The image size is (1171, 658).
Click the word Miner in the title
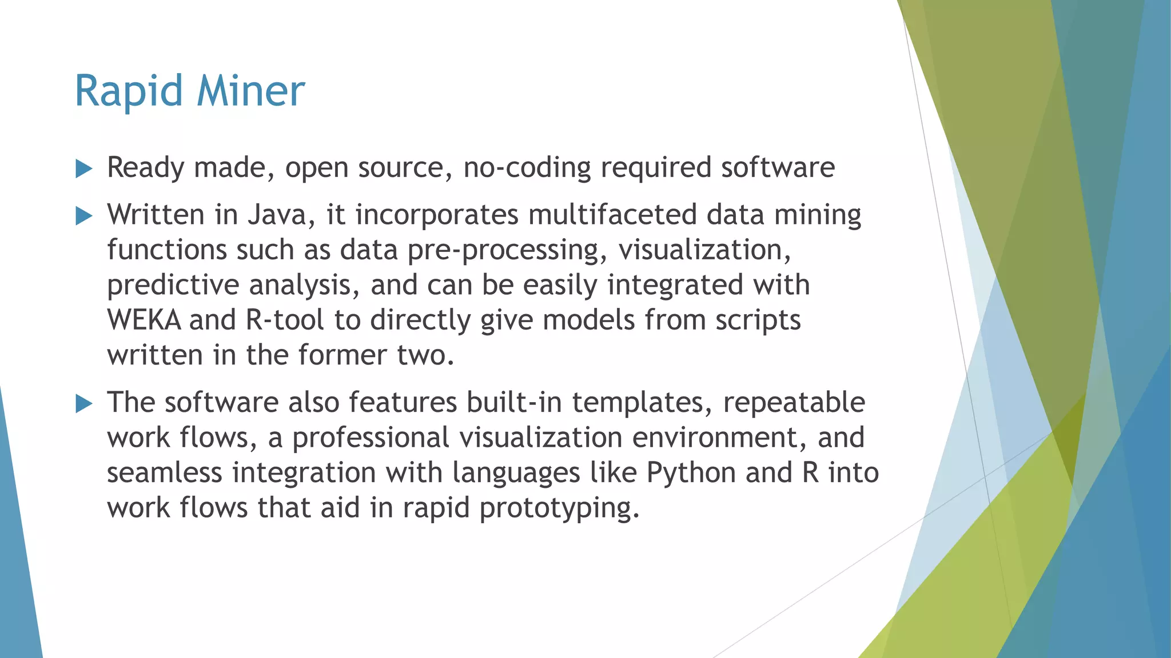[x=250, y=91]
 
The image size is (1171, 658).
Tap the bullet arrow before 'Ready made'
[x=83, y=169]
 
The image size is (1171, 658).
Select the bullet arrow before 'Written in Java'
[x=83, y=216]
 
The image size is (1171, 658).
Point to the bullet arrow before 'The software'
[x=83, y=404]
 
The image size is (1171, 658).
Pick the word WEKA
[x=144, y=320]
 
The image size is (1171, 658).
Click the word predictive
[x=173, y=286]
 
